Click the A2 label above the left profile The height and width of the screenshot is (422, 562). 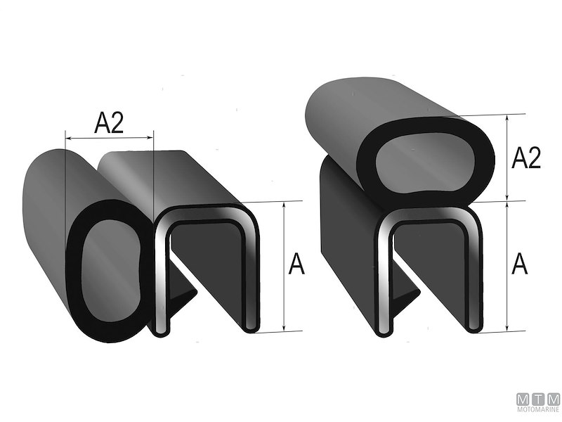tap(109, 124)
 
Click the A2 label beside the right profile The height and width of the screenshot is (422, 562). tap(526, 158)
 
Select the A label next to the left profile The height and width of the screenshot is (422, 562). tap(297, 265)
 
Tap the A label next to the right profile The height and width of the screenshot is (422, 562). tap(520, 265)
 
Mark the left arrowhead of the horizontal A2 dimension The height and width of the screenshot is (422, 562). tap(66, 138)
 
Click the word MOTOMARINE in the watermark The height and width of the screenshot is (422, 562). tap(537, 409)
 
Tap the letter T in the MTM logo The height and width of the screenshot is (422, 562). tap(537, 398)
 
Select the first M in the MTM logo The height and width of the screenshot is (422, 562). tap(523, 398)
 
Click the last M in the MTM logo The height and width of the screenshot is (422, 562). tap(553, 398)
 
